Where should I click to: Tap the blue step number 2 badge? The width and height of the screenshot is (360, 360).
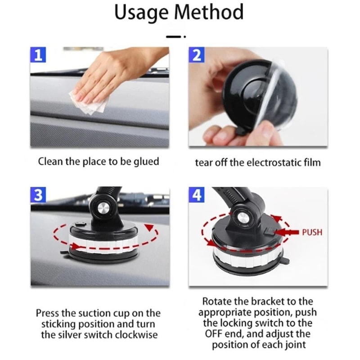tap(196, 56)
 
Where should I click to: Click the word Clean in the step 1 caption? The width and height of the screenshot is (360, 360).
tap(50, 162)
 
